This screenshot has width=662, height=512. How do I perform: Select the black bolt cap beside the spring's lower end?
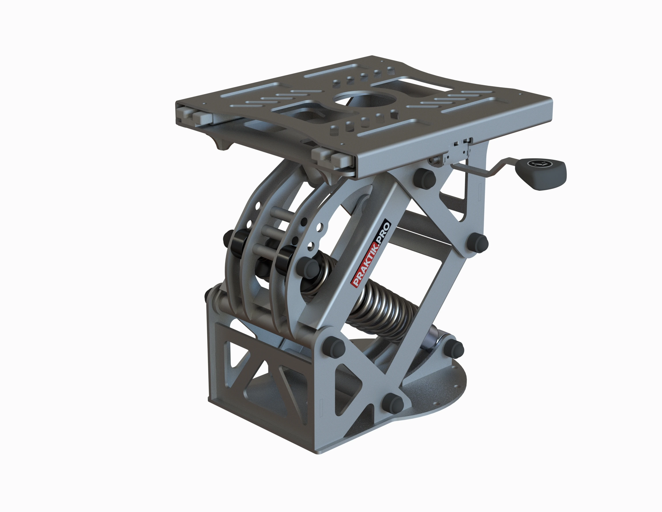454,348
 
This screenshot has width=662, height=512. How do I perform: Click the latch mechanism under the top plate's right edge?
459,150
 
